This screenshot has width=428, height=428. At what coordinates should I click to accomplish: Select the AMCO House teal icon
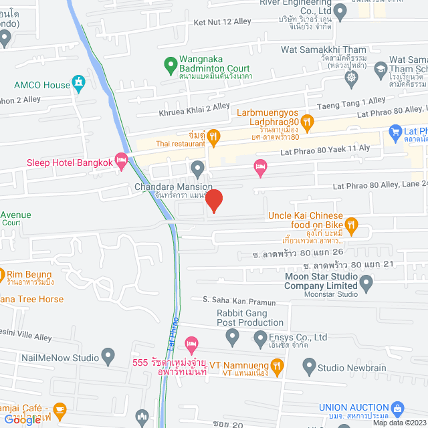[79, 84]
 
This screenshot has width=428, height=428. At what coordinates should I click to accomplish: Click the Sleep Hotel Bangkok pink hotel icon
[121, 159]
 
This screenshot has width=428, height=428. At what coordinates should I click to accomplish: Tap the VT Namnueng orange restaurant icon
[279, 366]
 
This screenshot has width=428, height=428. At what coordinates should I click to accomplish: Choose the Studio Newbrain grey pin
[309, 366]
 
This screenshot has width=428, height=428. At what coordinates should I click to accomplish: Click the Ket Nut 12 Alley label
[223, 22]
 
